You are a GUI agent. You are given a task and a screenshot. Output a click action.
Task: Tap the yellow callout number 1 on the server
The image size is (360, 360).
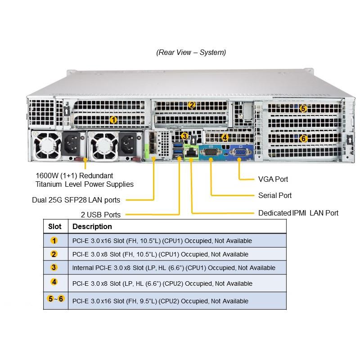pos(113,120)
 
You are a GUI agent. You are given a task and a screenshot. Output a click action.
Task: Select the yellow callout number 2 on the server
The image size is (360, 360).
pos(191,105)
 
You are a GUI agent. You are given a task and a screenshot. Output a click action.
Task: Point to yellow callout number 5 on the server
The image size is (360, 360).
pos(303,108)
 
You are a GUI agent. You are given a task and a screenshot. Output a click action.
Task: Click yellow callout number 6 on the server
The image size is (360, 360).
pos(303,139)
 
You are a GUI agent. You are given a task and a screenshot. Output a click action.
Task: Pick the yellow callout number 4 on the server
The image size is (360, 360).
pos(225,137)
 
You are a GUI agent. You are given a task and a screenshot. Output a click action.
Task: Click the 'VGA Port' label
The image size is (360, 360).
pos(273,179)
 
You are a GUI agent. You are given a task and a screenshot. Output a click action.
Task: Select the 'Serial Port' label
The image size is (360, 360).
pos(275,195)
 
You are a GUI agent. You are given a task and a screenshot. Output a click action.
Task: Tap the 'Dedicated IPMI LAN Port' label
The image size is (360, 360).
pos(298,213)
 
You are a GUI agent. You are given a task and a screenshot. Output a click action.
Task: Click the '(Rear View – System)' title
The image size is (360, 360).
pos(191,52)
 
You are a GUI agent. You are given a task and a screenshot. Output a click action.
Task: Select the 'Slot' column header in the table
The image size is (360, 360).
pos(55,226)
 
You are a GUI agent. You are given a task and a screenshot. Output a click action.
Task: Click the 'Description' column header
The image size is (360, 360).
pos(92,226)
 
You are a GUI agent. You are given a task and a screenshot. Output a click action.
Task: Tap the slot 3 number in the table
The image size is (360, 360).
pos(54,267)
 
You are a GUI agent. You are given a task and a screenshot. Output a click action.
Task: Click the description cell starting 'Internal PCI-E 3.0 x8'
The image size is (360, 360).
pos(174,268)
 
